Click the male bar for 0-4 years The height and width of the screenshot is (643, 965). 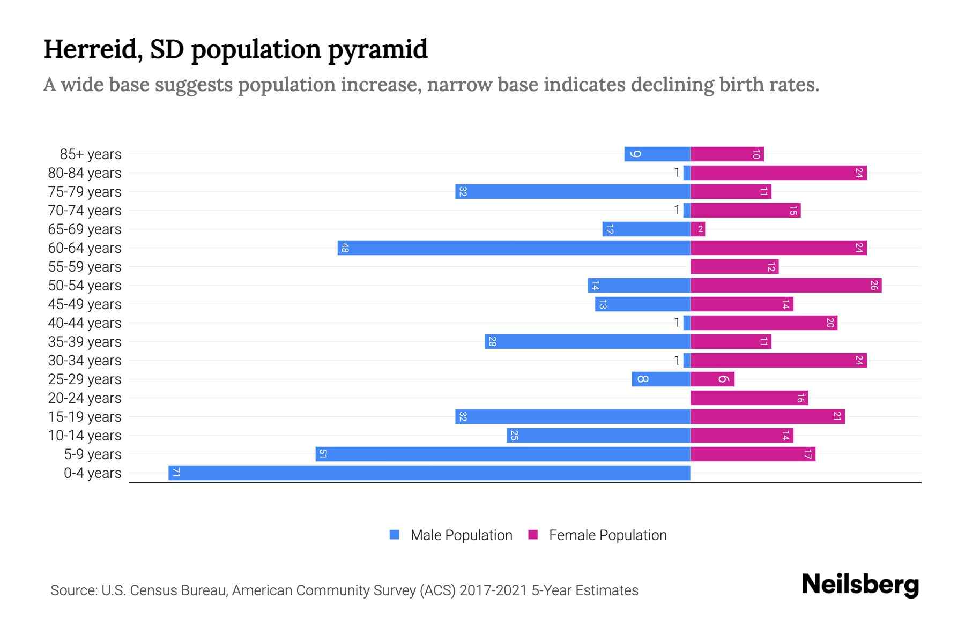(429, 473)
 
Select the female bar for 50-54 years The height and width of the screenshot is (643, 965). (786, 285)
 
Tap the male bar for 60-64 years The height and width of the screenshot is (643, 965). (514, 248)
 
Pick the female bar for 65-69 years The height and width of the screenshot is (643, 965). (697, 229)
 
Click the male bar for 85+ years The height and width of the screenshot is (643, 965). (657, 154)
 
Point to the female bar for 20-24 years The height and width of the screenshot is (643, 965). (749, 398)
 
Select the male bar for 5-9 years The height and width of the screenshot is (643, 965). (503, 454)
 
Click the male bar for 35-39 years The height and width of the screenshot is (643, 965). (588, 341)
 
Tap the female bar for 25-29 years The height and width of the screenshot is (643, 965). (712, 379)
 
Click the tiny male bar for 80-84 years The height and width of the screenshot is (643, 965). (687, 173)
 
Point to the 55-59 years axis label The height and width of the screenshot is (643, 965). (85, 267)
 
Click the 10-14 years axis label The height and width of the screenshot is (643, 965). (85, 436)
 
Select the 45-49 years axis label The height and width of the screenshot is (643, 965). (85, 304)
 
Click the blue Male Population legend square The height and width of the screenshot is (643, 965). (395, 535)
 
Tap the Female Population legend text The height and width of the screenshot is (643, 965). (607, 535)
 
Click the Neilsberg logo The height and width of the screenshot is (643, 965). (860, 585)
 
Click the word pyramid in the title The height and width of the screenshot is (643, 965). (377, 50)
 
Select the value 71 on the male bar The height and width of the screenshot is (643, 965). (176, 473)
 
